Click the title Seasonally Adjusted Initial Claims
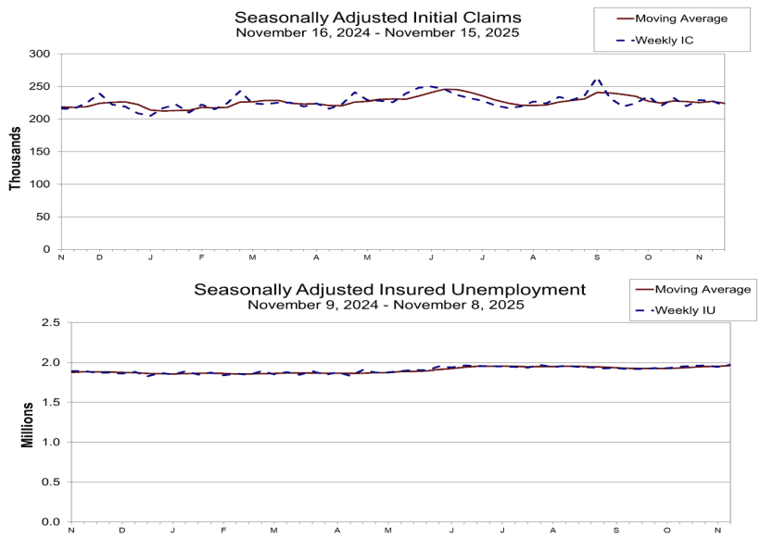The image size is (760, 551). click(x=377, y=17)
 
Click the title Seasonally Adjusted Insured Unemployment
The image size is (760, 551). click(x=389, y=289)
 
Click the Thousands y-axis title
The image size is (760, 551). click(x=15, y=153)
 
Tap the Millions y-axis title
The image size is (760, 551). click(x=28, y=423)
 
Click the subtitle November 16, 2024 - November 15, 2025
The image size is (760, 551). click(x=377, y=31)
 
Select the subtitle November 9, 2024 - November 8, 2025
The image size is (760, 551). click(x=389, y=304)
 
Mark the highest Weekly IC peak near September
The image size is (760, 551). click(x=597, y=80)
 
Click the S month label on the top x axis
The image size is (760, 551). click(x=597, y=257)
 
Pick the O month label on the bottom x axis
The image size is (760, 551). click(x=665, y=529)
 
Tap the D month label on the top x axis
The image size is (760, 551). click(x=99, y=257)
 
